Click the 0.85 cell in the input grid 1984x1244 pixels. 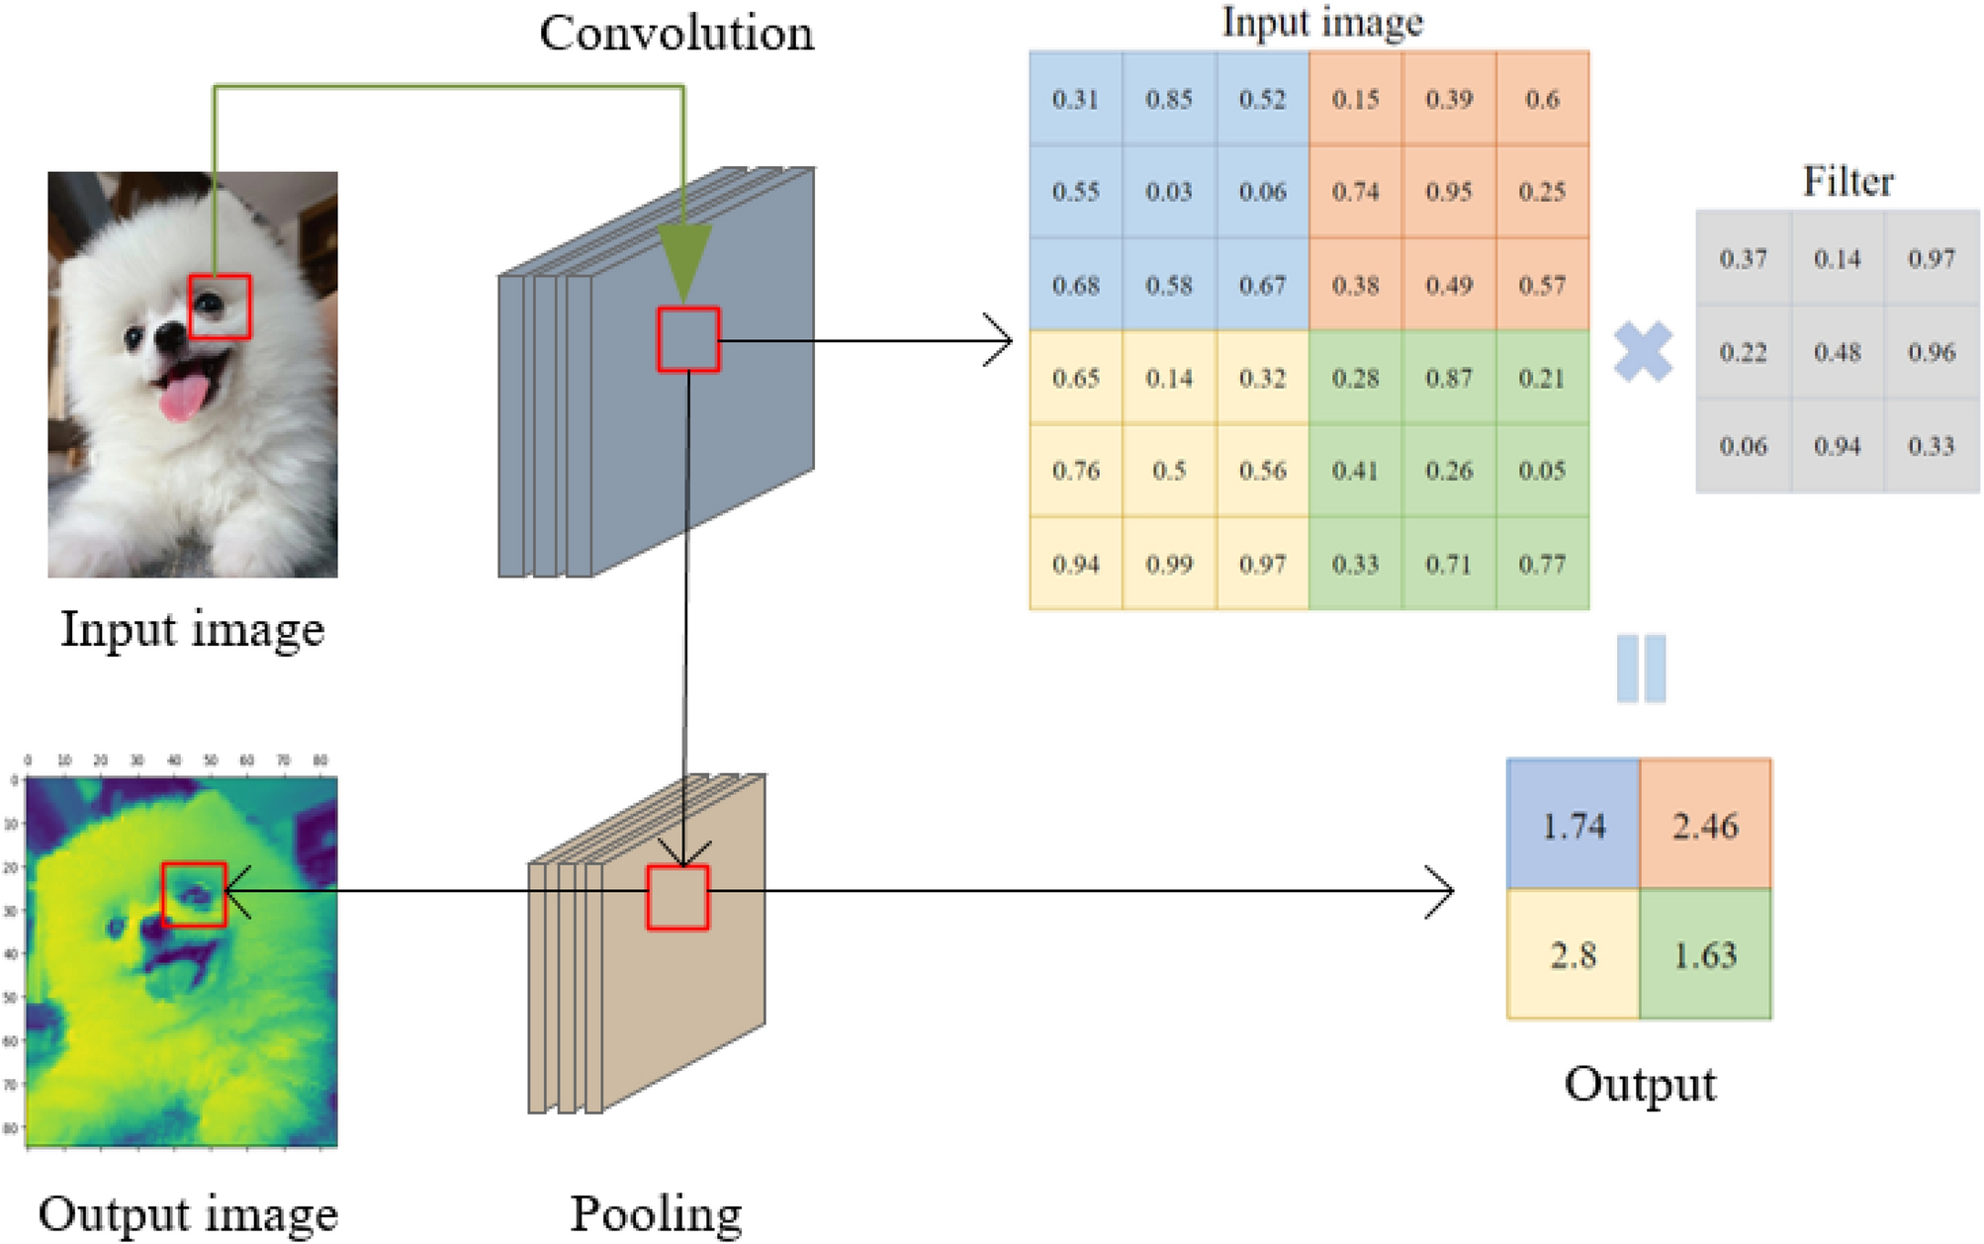[x=1169, y=99]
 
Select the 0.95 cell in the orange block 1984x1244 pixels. [x=1449, y=191]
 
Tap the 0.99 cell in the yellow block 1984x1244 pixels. [x=1169, y=565]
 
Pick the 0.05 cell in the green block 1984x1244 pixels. [x=1542, y=471]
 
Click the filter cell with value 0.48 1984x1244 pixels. [x=1838, y=352]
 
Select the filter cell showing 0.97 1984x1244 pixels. [x=1932, y=259]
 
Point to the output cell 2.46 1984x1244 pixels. [x=1705, y=826]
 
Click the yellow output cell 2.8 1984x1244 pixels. [x=1573, y=955]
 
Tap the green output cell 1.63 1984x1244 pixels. [x=1705, y=955]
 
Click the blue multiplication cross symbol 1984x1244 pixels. [x=1643, y=352]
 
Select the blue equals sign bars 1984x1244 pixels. [x=1641, y=668]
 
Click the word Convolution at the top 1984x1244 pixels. [x=676, y=34]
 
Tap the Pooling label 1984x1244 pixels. [x=656, y=1214]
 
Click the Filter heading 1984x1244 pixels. [x=1848, y=181]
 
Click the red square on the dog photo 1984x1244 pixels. [x=220, y=307]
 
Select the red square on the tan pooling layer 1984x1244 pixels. [x=677, y=897]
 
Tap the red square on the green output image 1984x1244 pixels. [x=195, y=894]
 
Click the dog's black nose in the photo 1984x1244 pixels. [x=170, y=336]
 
